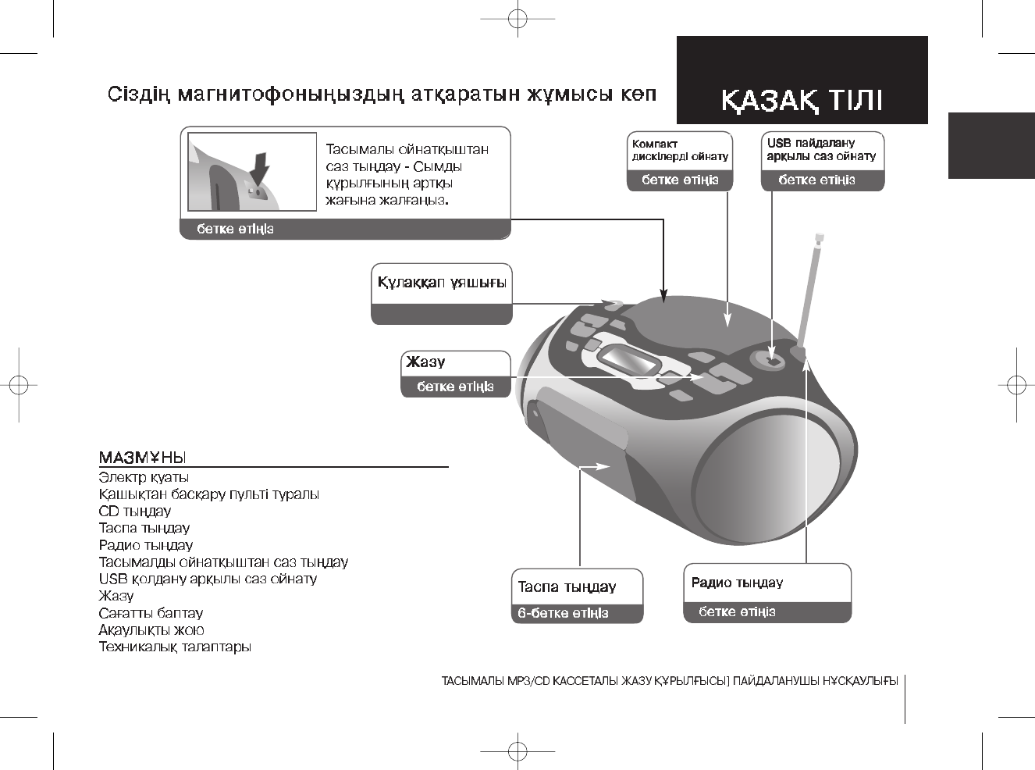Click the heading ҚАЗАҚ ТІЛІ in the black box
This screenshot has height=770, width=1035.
coord(802,102)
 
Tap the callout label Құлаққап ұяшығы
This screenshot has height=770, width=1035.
coord(442,282)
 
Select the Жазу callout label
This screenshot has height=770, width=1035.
coord(426,362)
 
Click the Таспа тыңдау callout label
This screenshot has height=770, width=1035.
coord(567,586)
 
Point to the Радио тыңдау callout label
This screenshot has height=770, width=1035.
coord(737,583)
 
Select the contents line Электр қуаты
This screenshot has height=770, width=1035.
coord(144,477)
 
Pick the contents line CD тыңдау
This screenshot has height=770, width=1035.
coord(134,512)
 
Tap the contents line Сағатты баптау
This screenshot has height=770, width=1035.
coord(151,613)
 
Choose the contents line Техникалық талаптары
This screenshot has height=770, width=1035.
coord(175,647)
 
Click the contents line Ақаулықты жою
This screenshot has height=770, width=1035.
coord(151,630)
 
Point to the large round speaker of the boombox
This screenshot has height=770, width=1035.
coord(755,476)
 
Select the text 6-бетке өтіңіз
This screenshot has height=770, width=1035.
coord(563,613)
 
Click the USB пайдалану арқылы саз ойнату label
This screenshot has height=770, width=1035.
coord(821,150)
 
